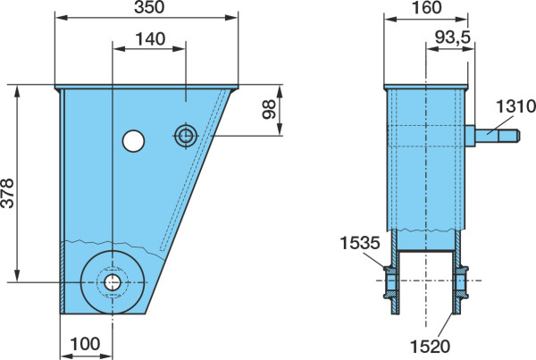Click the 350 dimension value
[149, 7]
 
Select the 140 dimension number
[150, 39]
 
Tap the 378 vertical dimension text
[7, 193]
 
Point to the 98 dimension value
[269, 109]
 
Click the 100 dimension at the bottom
[86, 344]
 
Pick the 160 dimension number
[427, 7]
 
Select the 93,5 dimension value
[453, 37]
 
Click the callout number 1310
[515, 106]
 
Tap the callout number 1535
[360, 243]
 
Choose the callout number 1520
[430, 347]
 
